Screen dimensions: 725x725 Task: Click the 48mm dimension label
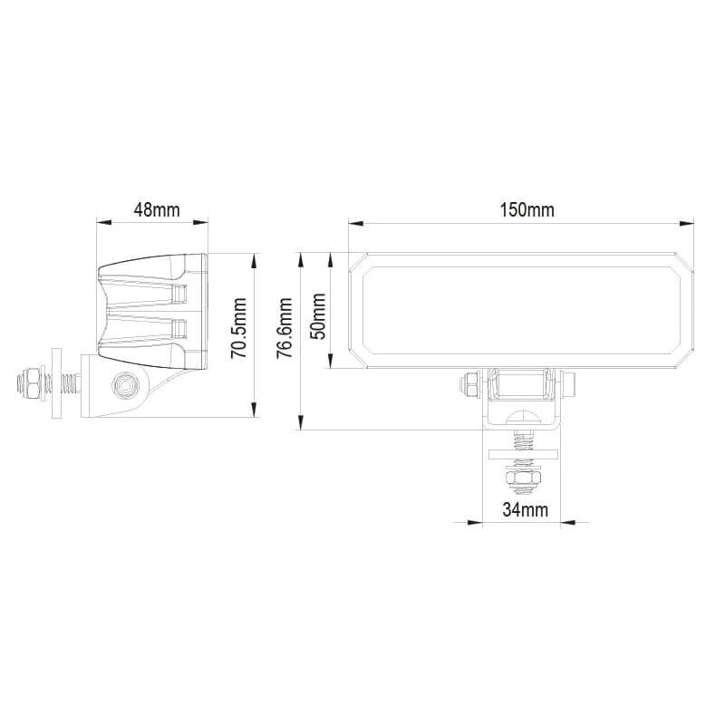pos(156,209)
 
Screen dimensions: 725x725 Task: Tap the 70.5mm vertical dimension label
pos(238,329)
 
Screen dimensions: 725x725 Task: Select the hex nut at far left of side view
pos(28,384)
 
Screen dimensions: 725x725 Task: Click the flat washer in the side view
pos(55,384)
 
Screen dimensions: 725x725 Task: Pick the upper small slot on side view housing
pos(180,293)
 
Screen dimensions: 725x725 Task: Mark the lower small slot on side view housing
pos(180,326)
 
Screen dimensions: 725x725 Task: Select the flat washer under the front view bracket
pos(523,455)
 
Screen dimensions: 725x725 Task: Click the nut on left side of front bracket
pos(470,384)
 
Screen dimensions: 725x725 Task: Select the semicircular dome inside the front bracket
pos(523,419)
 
